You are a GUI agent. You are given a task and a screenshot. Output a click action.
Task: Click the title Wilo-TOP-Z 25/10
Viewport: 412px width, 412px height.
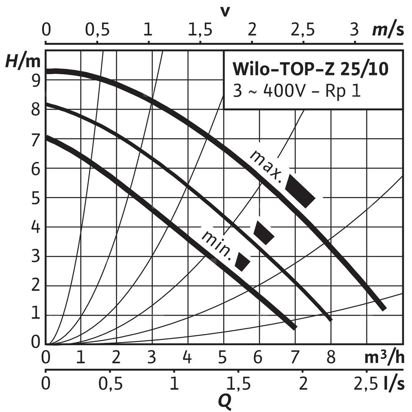(x=310, y=69)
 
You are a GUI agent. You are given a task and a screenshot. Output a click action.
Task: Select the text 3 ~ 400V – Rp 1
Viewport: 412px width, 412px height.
(x=297, y=91)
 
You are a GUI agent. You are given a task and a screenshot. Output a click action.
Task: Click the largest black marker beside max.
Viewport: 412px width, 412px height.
(x=300, y=191)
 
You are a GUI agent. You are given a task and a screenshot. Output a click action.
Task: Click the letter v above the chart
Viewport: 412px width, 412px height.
(x=225, y=11)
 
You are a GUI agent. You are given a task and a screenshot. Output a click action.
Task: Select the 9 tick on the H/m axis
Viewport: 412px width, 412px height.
(x=36, y=80)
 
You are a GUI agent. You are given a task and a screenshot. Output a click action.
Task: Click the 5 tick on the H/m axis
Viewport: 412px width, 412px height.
(x=36, y=197)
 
